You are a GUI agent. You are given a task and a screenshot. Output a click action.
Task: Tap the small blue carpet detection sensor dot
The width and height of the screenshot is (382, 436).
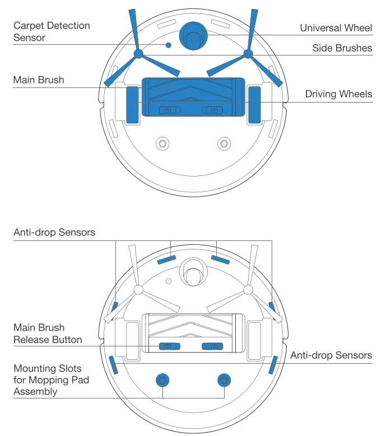pos(167,45)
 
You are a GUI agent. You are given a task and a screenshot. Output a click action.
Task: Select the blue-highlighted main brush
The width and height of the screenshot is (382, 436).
pos(193,96)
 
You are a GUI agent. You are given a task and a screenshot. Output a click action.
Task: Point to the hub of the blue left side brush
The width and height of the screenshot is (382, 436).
pos(137,54)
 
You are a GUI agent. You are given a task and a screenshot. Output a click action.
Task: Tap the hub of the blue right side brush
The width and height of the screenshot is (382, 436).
pos(247,54)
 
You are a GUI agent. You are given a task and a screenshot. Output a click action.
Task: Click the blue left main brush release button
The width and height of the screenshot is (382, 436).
pos(168,346)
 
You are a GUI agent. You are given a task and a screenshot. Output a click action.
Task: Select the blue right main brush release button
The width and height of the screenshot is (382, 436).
pos(212,346)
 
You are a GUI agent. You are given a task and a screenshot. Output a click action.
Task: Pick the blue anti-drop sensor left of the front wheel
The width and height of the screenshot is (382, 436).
pos(166,259)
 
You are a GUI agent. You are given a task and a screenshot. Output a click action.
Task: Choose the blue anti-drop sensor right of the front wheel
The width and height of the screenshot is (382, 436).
pos(220,259)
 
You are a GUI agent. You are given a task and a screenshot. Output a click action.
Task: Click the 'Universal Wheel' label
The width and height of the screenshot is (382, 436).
pos(336,28)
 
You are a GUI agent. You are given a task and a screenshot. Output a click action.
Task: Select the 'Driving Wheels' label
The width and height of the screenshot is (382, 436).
pos(338,94)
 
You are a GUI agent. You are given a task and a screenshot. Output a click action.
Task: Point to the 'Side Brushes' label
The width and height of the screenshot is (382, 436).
pos(342,48)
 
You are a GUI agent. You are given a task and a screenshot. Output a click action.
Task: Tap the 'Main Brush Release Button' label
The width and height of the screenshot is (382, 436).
pos(48,333)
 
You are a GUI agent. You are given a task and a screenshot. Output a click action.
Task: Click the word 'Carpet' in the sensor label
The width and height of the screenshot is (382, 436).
pos(28,26)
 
